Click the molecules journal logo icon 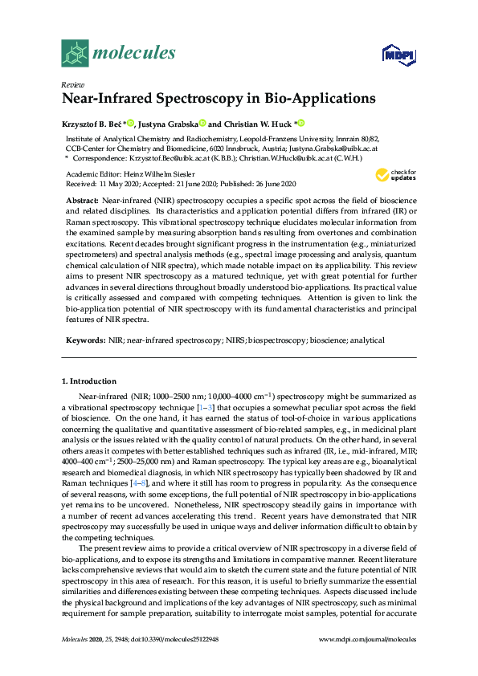click(76, 54)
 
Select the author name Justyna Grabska click(166, 124)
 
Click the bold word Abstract click(82, 199)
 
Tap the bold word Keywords click(84, 340)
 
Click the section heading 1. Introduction click(89, 381)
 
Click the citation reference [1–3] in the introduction click(206, 409)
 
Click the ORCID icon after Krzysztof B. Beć click(131, 124)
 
